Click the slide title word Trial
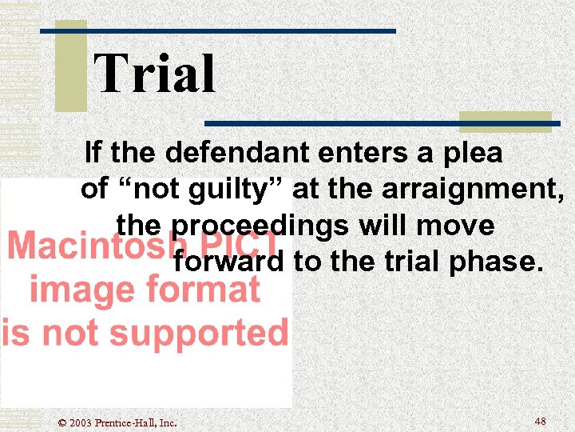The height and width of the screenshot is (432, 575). tap(155, 74)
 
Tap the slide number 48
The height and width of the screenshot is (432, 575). tap(540, 420)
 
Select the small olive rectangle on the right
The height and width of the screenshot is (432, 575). tap(505, 121)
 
